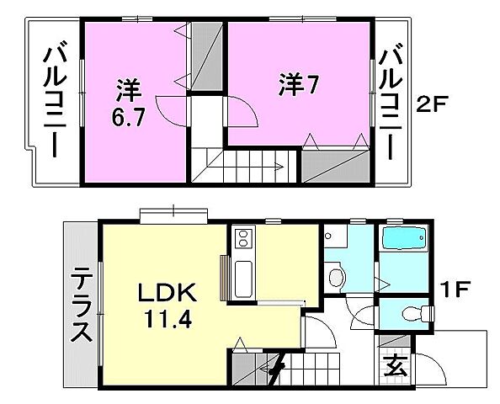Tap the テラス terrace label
tap(81, 305)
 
